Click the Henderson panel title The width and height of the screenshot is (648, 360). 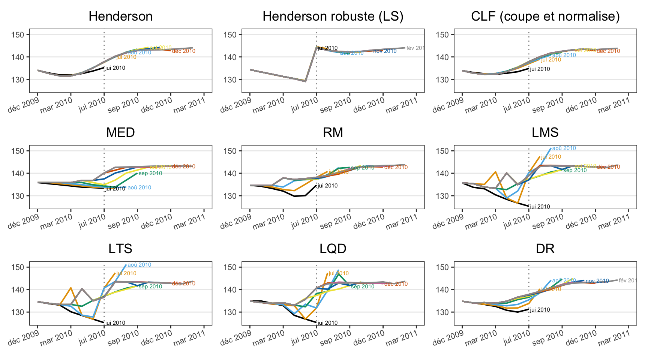120,16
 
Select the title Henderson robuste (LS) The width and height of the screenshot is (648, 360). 333,16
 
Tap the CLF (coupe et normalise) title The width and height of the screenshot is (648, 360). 545,16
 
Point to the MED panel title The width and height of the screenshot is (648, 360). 120,133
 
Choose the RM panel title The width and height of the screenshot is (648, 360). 333,133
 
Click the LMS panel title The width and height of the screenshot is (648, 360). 545,133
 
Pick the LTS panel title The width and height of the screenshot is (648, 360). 120,249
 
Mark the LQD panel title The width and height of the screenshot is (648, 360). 333,249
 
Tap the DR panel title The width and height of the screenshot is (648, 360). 545,249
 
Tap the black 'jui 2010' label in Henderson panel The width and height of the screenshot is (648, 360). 115,68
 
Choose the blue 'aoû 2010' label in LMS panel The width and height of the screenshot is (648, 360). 564,148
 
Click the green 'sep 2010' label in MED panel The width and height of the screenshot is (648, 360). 150,173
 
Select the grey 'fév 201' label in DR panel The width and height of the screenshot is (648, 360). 627,280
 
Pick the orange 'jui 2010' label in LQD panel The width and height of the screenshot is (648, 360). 339,273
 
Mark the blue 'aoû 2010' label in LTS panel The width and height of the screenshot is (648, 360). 139,265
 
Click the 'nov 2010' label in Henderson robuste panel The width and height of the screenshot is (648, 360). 385,51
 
